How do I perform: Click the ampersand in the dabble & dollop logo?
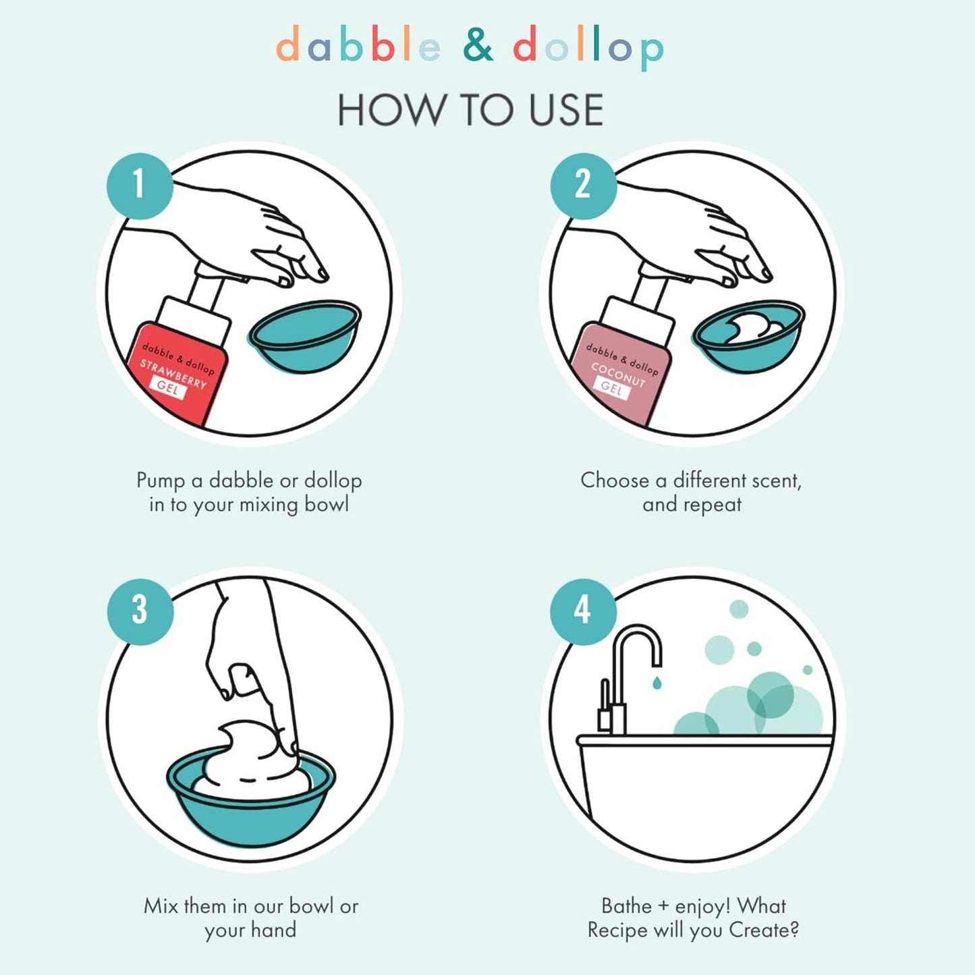(x=478, y=46)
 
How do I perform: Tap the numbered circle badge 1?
(x=140, y=184)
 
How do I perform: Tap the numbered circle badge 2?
(x=583, y=184)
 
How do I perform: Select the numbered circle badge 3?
(x=140, y=611)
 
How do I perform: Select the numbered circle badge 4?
(x=583, y=611)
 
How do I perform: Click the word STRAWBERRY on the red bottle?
(x=173, y=374)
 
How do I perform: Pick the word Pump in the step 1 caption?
(x=161, y=481)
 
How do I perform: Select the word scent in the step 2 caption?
(x=777, y=480)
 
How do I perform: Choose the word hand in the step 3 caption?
(x=273, y=930)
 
